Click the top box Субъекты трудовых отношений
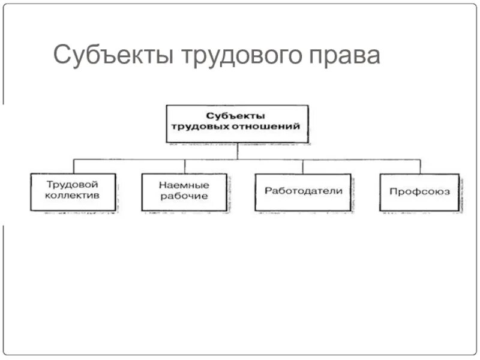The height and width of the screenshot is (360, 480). point(237,124)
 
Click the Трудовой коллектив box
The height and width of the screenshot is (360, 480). point(73,193)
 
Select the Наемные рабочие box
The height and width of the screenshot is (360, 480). point(184,193)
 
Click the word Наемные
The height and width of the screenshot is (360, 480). point(184,185)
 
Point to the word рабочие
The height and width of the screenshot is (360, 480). point(184,196)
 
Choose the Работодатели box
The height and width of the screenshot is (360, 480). point(303,193)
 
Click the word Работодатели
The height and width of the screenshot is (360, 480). point(303,191)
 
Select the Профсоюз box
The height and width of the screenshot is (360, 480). point(419,193)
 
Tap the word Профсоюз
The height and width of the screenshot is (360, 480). point(419,192)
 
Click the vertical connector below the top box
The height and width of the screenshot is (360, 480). point(237,151)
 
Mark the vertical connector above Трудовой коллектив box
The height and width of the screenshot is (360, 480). point(73,166)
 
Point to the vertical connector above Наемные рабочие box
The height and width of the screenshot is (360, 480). point(185,166)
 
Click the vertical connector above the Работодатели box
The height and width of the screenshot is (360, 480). point(303,166)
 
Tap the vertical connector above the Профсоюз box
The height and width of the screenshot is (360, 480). point(420,166)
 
